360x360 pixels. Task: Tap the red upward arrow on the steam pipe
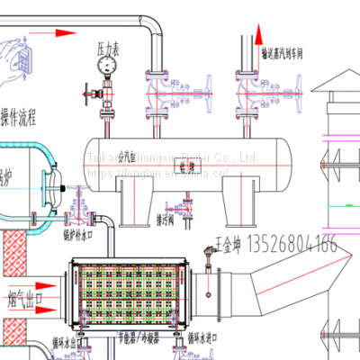click(253, 37)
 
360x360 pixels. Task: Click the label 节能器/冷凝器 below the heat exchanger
click(145, 344)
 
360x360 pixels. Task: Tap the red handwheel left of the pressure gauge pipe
click(86, 93)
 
